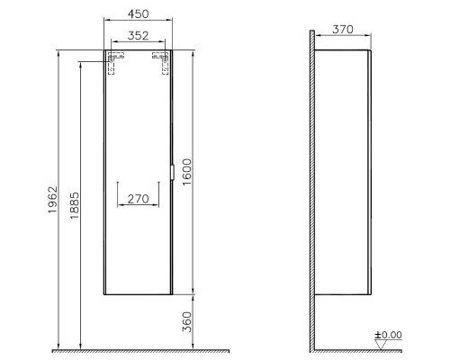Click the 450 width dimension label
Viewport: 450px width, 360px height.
click(138, 13)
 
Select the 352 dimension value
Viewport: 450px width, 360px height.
click(138, 36)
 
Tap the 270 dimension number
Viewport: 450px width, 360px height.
click(138, 199)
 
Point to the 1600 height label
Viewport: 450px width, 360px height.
click(186, 172)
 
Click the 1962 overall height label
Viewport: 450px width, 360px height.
click(53, 200)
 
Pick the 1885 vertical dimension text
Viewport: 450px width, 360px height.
click(75, 205)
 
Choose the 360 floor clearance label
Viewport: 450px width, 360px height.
click(186, 322)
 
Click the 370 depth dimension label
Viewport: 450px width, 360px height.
click(343, 30)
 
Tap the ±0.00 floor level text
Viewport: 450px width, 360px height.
click(388, 335)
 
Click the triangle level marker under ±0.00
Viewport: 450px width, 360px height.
click(381, 345)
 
